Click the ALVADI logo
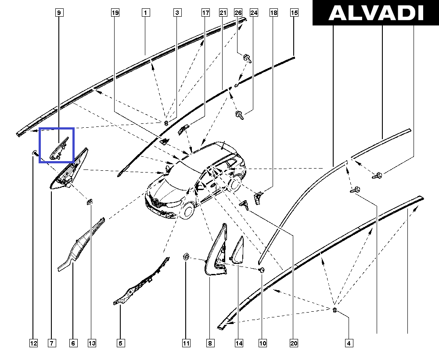point(376,13)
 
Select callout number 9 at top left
point(59,13)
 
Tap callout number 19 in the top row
point(115,13)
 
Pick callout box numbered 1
point(146,13)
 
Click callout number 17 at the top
point(205,13)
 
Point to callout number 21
point(223,13)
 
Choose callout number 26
point(238,13)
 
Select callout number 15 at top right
point(294,13)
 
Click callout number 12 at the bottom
point(33,343)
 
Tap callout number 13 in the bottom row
point(92,343)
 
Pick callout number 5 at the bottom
point(120,343)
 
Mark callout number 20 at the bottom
point(294,343)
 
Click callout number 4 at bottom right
point(349,343)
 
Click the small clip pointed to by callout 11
point(186,256)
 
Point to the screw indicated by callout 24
point(239,115)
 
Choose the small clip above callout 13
point(90,202)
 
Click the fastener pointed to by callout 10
point(262,270)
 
